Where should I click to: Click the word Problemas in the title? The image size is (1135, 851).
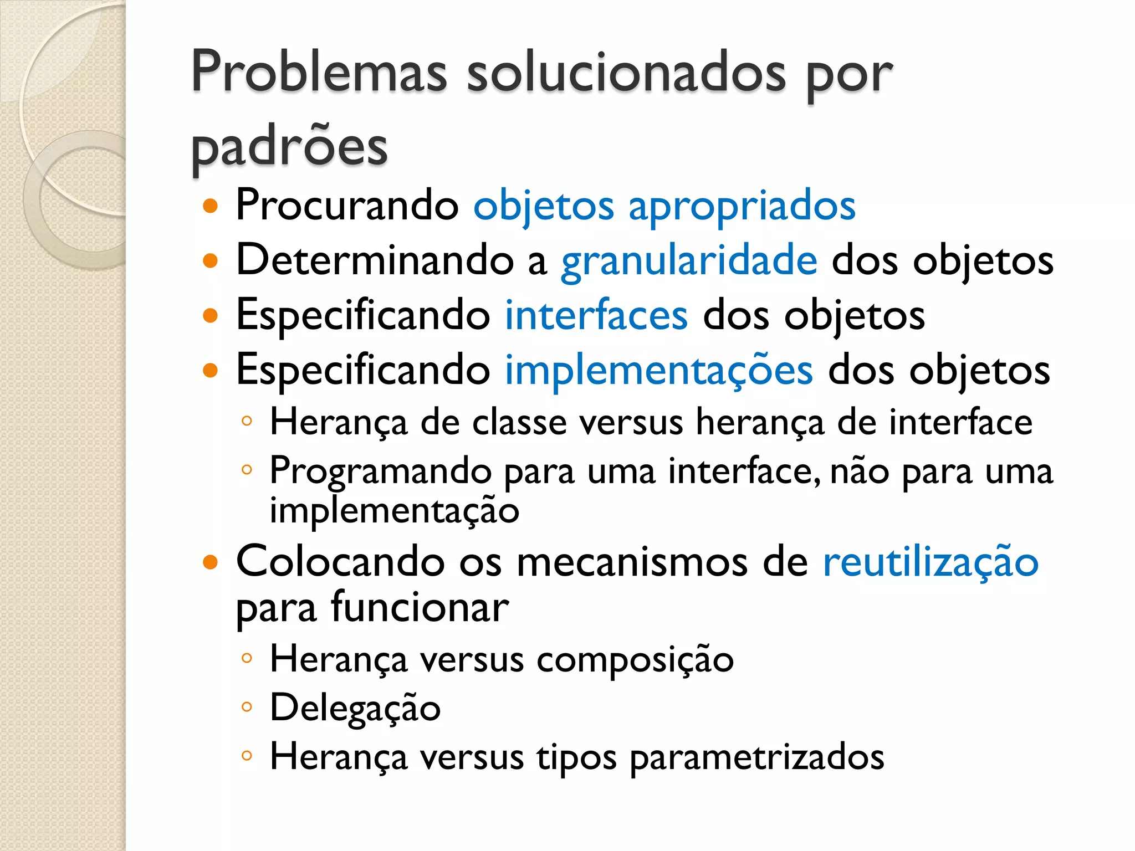point(319,72)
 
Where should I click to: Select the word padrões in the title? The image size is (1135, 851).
point(289,147)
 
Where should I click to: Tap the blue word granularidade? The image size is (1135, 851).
point(689,260)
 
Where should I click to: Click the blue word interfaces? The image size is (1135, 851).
point(596,315)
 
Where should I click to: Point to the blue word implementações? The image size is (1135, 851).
point(659,370)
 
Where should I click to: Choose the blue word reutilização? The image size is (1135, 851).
point(931,562)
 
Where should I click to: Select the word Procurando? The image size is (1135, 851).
point(347,206)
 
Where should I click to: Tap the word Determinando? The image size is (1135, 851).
point(375,260)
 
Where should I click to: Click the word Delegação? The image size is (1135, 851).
point(355,708)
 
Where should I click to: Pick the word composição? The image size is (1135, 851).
point(635,660)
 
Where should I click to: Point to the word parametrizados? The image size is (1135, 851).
point(757,757)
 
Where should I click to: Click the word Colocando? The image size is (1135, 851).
point(340,562)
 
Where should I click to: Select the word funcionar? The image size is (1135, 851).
point(420,607)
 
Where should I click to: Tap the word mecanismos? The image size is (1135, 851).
point(632,562)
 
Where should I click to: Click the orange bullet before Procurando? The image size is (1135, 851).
point(211,207)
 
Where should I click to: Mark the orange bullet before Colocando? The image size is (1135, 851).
point(211,563)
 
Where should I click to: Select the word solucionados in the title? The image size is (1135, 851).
point(626,72)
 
